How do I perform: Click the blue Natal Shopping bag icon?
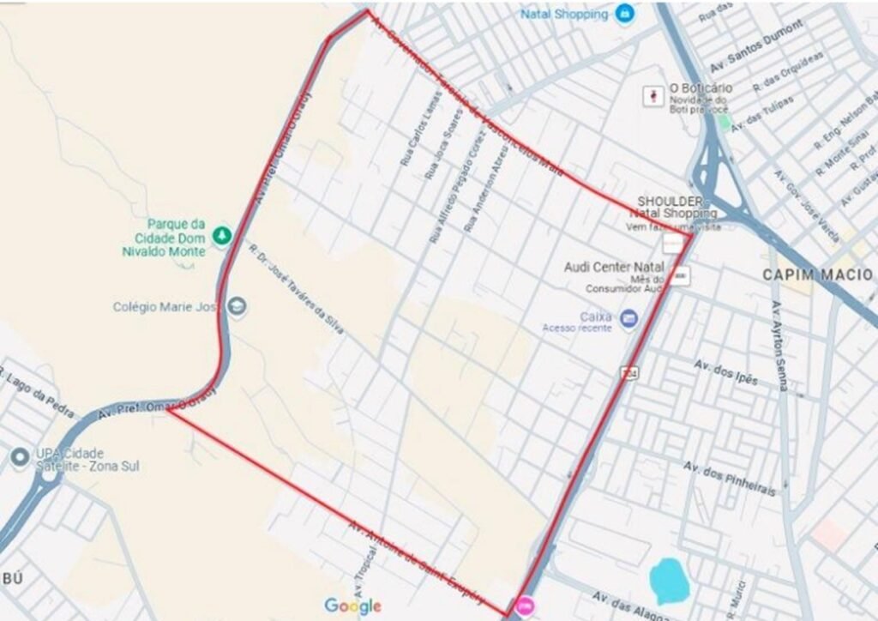626,14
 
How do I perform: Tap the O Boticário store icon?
656,94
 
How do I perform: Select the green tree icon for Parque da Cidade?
222,232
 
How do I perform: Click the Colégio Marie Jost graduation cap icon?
237,306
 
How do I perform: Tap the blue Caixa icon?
629,318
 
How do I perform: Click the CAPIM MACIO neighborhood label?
817,274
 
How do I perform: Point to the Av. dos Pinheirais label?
730,478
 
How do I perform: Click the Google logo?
352,606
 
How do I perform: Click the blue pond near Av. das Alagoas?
670,582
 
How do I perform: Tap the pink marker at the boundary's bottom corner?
524,606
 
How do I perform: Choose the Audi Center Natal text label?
613,267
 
